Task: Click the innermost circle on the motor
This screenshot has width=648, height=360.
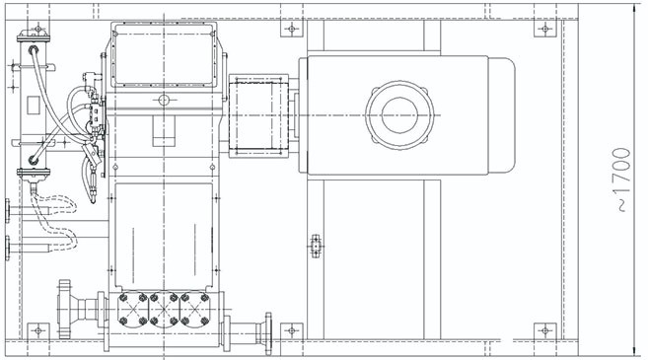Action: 398,114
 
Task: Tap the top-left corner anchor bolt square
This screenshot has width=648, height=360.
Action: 38,29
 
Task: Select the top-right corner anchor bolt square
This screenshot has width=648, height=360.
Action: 545,29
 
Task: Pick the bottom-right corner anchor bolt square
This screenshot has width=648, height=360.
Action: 545,330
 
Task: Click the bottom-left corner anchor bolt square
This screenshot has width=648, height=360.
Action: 38,330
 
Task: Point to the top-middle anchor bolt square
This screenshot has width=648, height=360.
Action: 292,29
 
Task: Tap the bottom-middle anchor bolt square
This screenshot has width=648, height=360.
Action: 292,330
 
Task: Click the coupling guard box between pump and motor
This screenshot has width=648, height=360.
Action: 258,114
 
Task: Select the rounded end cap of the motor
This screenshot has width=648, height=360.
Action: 502,114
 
